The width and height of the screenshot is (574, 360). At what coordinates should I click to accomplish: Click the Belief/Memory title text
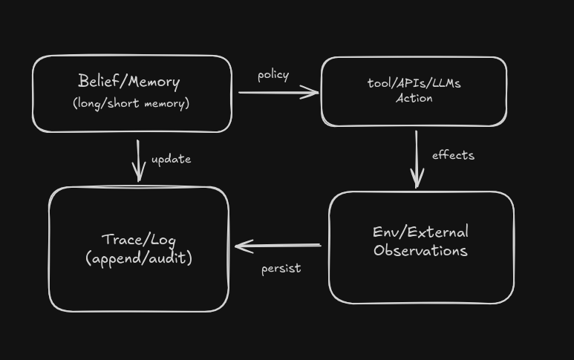click(129, 81)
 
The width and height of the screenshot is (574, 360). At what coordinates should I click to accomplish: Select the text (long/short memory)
click(131, 103)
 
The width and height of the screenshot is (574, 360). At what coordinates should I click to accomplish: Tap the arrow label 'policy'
click(273, 75)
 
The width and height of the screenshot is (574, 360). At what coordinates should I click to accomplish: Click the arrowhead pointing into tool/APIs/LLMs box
click(313, 93)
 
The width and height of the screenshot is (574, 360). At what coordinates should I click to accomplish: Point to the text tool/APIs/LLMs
click(414, 83)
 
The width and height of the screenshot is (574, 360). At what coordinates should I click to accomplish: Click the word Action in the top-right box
click(414, 98)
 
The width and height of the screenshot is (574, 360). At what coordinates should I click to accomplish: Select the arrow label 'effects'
click(453, 155)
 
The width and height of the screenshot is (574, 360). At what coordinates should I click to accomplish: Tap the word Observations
click(420, 250)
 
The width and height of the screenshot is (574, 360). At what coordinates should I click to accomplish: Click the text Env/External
click(420, 232)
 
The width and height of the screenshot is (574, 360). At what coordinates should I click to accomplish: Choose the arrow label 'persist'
click(281, 268)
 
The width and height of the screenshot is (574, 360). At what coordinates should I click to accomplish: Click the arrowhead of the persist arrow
click(240, 246)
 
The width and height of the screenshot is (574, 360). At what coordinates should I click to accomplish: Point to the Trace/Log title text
click(138, 239)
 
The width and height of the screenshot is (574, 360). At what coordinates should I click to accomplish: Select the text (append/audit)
click(139, 258)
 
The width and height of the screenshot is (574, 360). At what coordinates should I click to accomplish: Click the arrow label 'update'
click(171, 159)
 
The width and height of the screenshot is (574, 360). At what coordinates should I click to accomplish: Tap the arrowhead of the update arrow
click(138, 177)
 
